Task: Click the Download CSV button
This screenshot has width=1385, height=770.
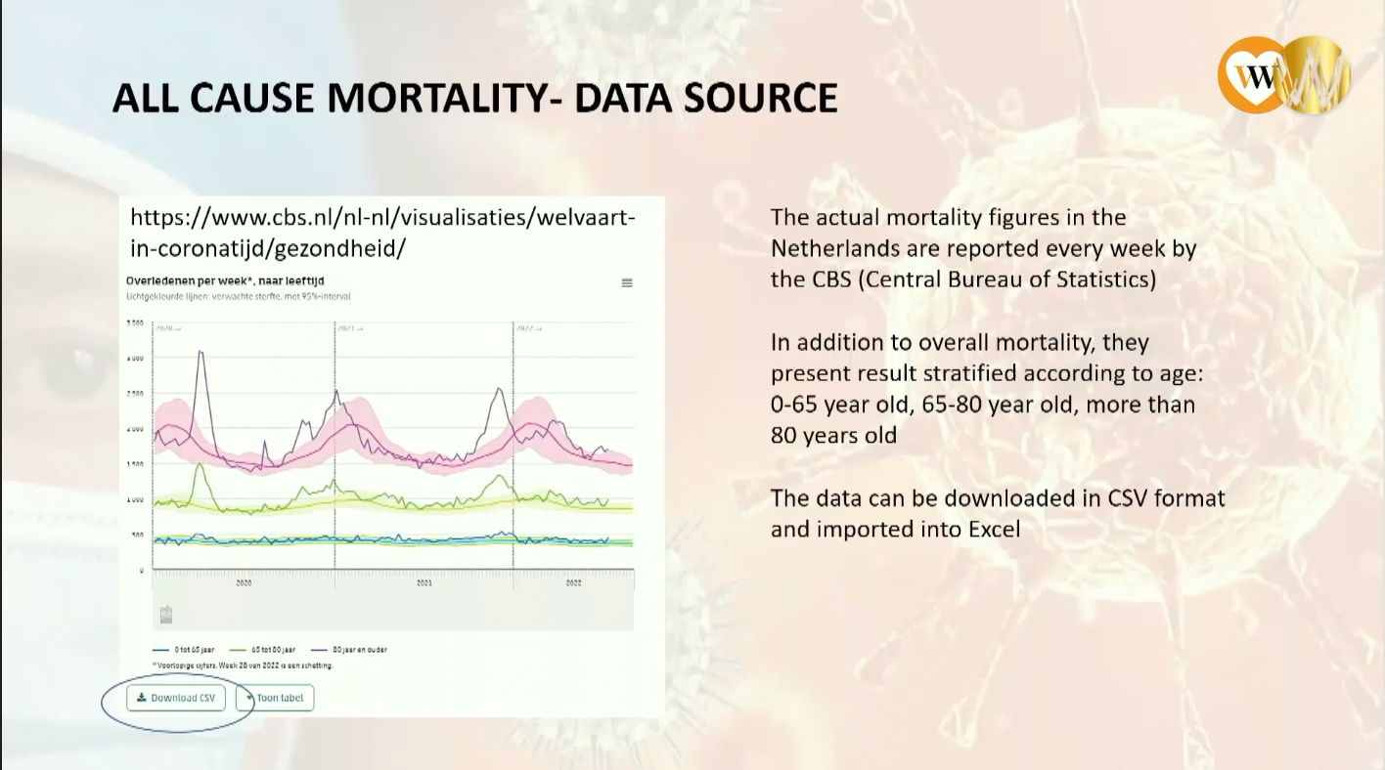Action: click(x=176, y=698)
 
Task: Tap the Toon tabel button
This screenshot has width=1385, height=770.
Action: click(x=275, y=698)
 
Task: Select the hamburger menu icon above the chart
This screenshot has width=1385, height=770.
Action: click(x=627, y=283)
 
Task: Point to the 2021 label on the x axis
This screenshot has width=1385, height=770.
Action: click(x=424, y=582)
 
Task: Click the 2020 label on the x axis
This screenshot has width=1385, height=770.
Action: click(x=244, y=582)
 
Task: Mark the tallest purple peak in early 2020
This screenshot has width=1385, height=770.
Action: click(x=201, y=352)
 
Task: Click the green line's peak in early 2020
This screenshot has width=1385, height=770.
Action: click(x=200, y=465)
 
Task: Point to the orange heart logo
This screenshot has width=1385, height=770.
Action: click(x=1250, y=76)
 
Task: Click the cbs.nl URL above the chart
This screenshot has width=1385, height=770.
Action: click(x=382, y=233)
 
